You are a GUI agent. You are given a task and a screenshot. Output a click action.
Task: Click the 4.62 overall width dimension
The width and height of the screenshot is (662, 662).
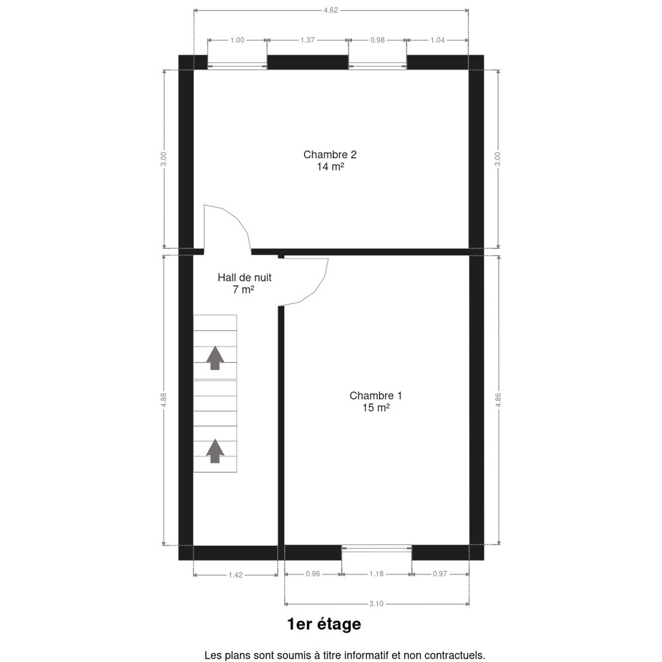[330, 10]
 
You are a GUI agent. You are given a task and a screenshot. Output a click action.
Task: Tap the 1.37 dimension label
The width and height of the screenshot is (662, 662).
[307, 40]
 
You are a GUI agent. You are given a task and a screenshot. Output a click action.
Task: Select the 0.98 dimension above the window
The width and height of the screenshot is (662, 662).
[377, 40]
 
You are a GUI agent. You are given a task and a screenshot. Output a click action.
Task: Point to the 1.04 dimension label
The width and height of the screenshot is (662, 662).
[437, 40]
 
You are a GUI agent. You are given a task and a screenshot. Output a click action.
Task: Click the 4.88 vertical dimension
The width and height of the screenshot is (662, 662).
[163, 400]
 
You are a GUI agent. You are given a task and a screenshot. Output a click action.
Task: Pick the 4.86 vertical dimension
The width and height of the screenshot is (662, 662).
[498, 400]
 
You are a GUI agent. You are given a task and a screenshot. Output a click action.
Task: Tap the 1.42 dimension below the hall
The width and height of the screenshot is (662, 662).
[236, 575]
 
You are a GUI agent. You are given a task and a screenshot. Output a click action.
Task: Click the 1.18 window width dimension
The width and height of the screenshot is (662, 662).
[376, 574]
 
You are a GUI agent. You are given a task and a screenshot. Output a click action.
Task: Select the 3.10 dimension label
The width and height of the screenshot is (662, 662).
[376, 604]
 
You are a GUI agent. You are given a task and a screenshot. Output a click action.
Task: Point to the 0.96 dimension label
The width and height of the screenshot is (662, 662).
[313, 574]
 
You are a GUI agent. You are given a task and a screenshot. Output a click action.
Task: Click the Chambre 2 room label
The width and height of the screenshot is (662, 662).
[330, 154]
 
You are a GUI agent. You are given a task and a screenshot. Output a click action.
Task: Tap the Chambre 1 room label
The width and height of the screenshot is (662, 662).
[376, 396]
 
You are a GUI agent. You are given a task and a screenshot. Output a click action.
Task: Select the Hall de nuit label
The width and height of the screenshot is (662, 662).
[244, 277]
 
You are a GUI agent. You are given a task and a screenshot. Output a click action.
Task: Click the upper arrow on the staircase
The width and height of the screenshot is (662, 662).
[215, 357]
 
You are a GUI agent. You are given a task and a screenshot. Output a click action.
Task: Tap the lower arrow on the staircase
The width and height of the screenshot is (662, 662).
[215, 451]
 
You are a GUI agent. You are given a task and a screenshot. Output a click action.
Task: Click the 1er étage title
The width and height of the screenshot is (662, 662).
[324, 624]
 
